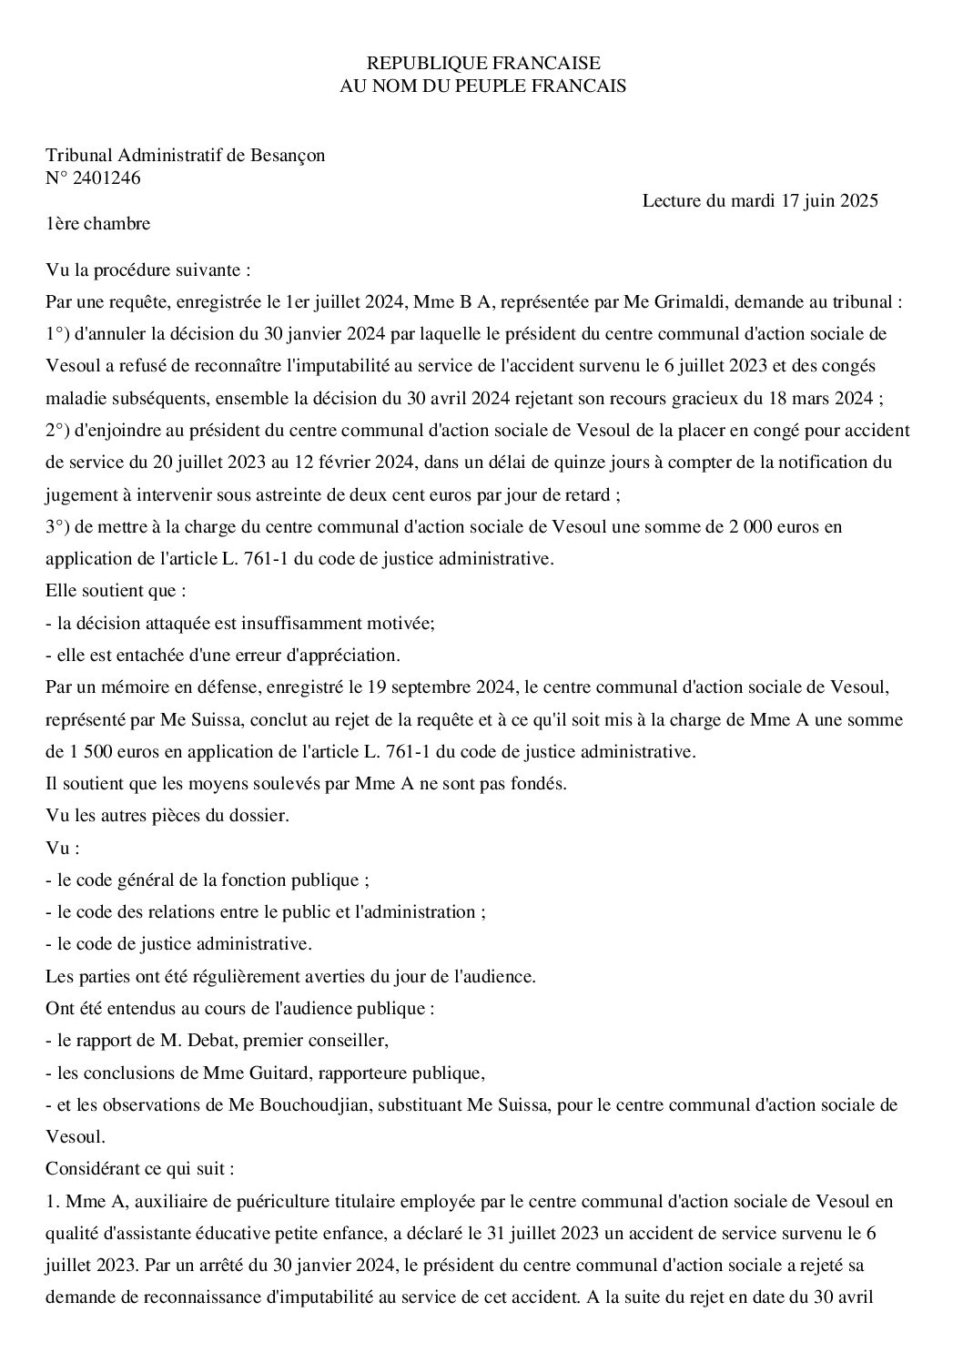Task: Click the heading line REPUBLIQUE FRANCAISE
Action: pyautogui.click(x=482, y=63)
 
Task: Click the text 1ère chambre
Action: pyautogui.click(x=97, y=223)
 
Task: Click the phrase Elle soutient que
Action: pyautogui.click(x=116, y=590)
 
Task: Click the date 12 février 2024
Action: pyautogui.click(x=353, y=463)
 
